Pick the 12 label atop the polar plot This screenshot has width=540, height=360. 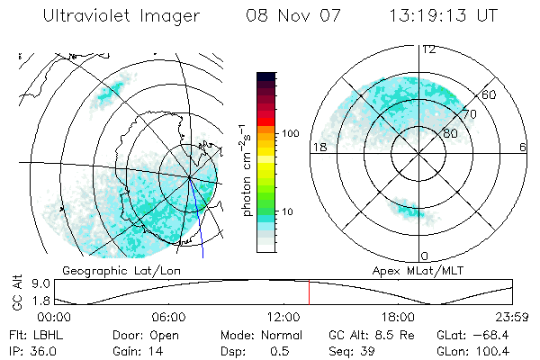point(428,49)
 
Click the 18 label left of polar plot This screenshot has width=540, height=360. point(318,148)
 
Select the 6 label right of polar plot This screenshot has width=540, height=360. point(523,148)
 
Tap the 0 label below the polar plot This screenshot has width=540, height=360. point(424,256)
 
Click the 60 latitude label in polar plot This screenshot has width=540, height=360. point(489,94)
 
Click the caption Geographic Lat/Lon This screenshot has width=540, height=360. point(112,270)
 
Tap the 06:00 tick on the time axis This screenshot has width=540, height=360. point(169,317)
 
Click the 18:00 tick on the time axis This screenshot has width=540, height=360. point(397,317)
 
